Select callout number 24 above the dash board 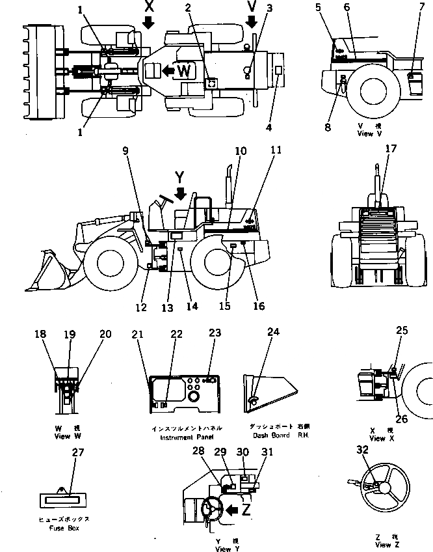274,332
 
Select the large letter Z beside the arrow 246,510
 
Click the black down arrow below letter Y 181,193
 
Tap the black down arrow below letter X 148,23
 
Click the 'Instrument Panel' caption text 187,437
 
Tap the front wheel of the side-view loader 109,262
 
